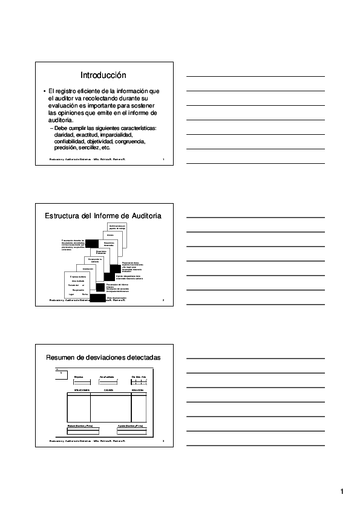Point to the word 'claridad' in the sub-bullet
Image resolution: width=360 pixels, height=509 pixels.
pyautogui.click(x=64, y=135)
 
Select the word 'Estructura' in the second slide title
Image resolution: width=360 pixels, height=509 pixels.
pyautogui.click(x=67, y=216)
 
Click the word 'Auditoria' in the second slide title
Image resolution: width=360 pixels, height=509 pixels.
pyautogui.click(x=143, y=216)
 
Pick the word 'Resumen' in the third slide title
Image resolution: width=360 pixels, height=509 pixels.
pyautogui.click(x=62, y=357)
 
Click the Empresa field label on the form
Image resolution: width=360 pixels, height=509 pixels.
pyautogui.click(x=78, y=377)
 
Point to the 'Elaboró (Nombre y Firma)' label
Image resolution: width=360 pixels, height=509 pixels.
pyautogui.click(x=79, y=426)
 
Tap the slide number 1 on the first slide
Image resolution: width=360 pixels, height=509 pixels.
pyautogui.click(x=163, y=160)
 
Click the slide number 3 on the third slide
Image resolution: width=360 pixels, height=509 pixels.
pyautogui.click(x=163, y=443)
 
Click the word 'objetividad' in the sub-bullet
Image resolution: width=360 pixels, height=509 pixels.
pyautogui.click(x=100, y=141)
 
